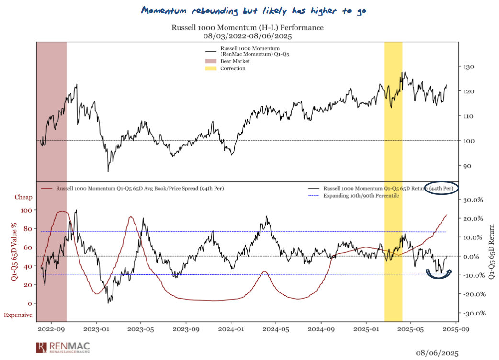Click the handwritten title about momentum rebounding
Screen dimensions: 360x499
point(247,11)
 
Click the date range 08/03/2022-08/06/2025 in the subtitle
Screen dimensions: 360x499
point(248,35)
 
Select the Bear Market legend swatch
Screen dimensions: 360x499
point(211,61)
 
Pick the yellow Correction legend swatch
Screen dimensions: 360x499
point(211,68)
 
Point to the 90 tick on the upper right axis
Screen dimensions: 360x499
point(466,166)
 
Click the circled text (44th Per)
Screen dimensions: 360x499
point(441,188)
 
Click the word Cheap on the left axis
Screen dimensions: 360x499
point(24,197)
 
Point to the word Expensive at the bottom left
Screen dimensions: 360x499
point(18,315)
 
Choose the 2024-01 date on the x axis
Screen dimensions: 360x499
point(232,330)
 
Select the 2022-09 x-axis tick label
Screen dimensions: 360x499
point(52,330)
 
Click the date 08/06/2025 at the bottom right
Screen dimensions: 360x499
point(436,353)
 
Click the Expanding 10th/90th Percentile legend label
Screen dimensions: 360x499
point(361,196)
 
